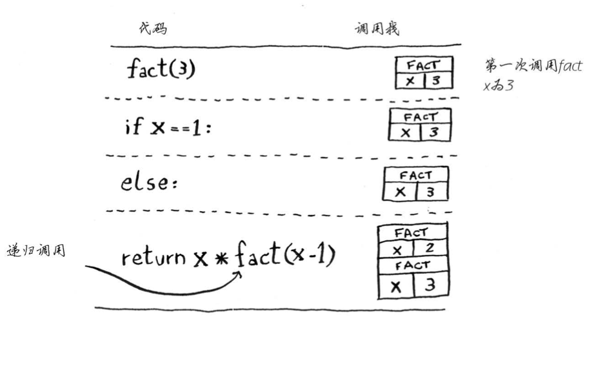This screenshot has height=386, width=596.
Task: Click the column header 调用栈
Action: [x=377, y=29]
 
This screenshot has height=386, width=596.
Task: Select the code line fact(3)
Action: [x=161, y=69]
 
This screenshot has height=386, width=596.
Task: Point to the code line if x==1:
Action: [x=167, y=127]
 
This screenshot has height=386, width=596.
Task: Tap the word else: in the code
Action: [x=149, y=183]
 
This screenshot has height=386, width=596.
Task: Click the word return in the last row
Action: [x=154, y=258]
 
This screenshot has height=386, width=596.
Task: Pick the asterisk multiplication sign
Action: [x=221, y=259]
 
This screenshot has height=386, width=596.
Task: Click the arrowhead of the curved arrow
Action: [x=239, y=274]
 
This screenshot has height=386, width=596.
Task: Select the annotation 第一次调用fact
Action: [x=533, y=66]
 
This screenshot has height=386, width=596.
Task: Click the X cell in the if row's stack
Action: [x=404, y=132]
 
